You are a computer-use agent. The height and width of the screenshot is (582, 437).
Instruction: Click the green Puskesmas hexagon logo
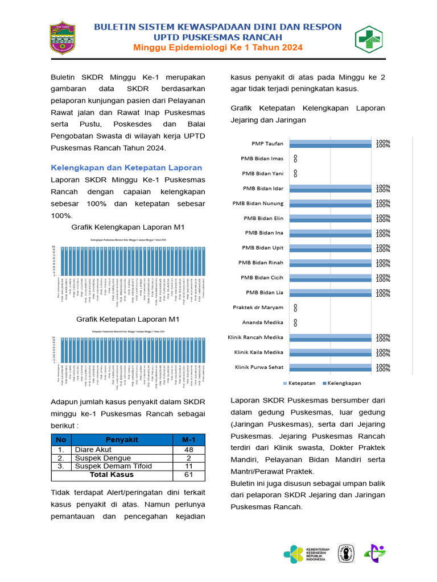click(x=370, y=39)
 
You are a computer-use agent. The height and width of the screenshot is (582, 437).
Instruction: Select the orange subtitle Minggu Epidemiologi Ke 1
click(x=217, y=47)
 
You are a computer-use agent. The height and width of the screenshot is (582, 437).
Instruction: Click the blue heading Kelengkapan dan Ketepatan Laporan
click(x=126, y=168)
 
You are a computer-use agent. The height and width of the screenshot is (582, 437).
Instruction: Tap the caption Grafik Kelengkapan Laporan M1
click(x=128, y=227)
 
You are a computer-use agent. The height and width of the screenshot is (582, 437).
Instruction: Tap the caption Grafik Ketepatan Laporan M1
click(x=128, y=319)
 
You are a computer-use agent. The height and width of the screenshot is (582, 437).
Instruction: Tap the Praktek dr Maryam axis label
click(x=258, y=307)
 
